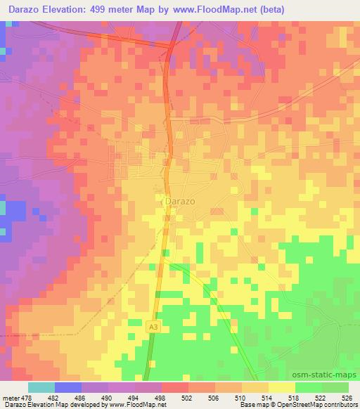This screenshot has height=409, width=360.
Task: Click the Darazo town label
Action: (x=179, y=201)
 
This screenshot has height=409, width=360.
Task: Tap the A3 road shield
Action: (x=153, y=327)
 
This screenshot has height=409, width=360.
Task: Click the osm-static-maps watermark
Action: (x=330, y=376)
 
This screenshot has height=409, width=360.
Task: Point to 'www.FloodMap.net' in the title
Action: (x=217, y=9)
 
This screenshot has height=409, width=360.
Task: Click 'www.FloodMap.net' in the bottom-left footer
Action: (x=135, y=405)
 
